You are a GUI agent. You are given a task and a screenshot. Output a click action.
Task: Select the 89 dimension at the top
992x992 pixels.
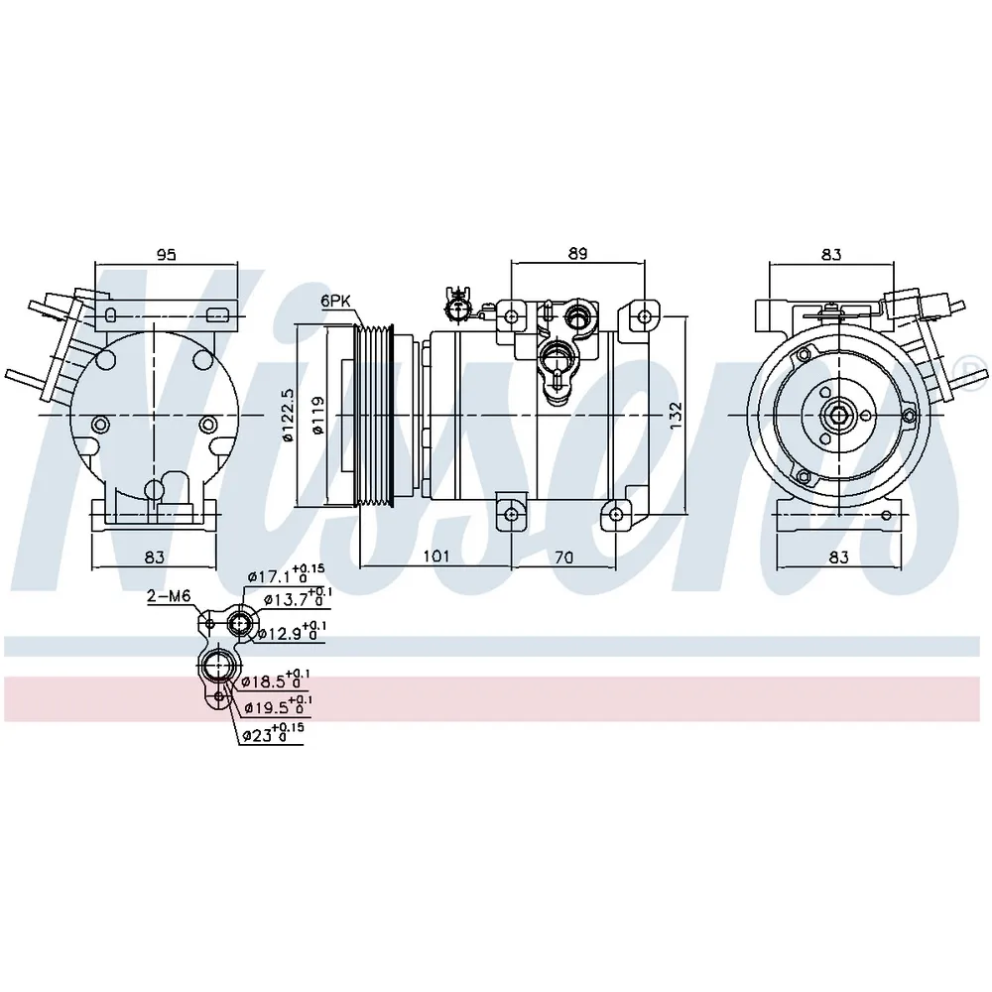point(577,253)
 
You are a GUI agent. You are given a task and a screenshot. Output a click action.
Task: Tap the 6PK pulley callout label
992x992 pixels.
point(334,301)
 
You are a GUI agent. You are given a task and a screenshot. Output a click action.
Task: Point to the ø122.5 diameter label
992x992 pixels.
point(288,415)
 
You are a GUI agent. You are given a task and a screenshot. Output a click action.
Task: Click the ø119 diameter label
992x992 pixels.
point(317,415)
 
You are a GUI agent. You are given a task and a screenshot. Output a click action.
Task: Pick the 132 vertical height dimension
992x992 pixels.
point(677,415)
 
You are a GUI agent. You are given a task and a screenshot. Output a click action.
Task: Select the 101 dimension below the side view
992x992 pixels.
point(435,557)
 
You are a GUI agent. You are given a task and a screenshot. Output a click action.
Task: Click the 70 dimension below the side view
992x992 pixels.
point(563,557)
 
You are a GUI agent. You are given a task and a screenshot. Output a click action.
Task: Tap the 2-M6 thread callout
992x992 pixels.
point(169,595)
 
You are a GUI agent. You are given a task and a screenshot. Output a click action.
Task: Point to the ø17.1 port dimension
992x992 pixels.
point(286,574)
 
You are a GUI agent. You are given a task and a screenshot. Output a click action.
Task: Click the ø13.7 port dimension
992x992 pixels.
point(297,598)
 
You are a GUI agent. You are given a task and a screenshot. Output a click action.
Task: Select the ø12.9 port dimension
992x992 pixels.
point(292,631)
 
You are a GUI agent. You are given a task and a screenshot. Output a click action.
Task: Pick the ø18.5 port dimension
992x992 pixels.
point(275,680)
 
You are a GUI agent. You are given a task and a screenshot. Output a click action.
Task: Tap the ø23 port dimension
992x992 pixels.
point(273,733)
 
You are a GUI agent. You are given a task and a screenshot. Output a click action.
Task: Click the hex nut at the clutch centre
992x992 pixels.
point(838,415)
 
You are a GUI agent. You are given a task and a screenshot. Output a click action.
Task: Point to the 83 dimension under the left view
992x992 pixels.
point(155,557)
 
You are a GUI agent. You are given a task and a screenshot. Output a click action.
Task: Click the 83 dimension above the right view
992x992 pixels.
point(831,254)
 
